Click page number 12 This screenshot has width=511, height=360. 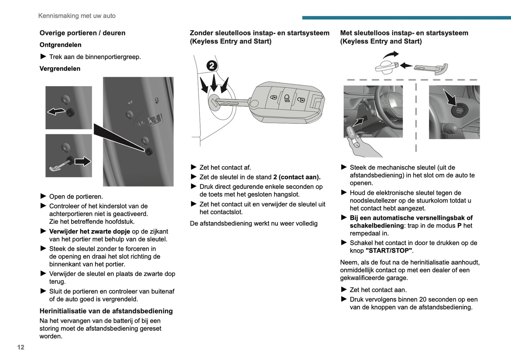point(21,347)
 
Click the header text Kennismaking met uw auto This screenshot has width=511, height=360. point(77,16)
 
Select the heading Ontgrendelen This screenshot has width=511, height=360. point(60,45)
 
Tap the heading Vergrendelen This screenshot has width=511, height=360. point(60,69)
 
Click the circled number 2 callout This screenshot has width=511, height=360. point(211,65)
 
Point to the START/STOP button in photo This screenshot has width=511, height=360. point(459,111)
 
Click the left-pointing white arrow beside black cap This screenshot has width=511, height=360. point(56,112)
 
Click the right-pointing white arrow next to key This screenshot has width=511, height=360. point(83,162)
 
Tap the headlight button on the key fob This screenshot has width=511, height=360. point(287,98)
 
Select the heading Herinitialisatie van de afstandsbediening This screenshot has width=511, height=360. point(106,311)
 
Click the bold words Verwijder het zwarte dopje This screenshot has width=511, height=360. point(89,232)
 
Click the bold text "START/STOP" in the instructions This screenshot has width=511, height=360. point(389,251)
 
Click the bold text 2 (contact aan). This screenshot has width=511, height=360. point(297,177)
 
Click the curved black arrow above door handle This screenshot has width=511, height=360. point(391,55)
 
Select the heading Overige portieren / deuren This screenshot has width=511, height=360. point(82,33)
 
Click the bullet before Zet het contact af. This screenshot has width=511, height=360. point(193,167)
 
